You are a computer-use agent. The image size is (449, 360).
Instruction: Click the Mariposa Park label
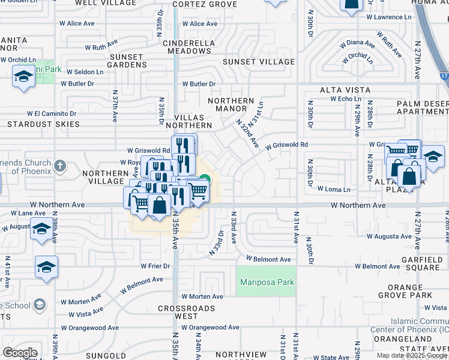point(267,283)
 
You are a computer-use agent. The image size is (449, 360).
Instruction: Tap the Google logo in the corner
point(20,353)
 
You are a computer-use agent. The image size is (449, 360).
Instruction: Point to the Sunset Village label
point(259,62)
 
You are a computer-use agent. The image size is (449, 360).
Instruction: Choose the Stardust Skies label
point(43,124)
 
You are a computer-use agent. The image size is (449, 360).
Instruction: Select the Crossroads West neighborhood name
point(178,312)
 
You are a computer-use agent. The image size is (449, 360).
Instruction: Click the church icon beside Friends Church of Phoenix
point(59,165)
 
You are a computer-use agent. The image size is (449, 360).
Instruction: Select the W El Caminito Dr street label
point(52,113)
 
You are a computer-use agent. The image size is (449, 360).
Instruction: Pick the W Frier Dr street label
point(155,266)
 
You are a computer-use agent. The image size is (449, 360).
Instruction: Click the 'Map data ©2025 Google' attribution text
point(412,355)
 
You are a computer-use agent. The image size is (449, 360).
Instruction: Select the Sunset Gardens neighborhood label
point(126,61)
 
